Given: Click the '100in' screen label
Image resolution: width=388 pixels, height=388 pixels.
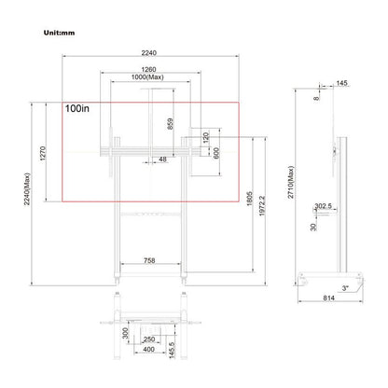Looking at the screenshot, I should click(78, 109).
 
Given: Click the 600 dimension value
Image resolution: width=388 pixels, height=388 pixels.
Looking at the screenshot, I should click(215, 153).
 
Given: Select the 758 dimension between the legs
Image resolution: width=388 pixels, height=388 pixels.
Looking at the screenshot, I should click(149, 262).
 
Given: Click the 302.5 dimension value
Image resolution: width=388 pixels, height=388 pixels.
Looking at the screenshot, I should click(323, 206).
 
